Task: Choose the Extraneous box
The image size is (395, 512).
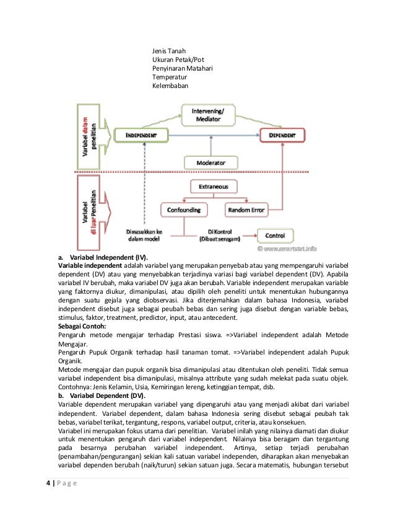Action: [212, 186]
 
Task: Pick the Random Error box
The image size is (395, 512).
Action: [246, 210]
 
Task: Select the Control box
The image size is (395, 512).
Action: [275, 236]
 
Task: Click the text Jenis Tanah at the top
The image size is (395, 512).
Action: [169, 51]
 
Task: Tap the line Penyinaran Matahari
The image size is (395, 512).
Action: [183, 68]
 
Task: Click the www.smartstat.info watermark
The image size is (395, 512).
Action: [291, 250]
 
